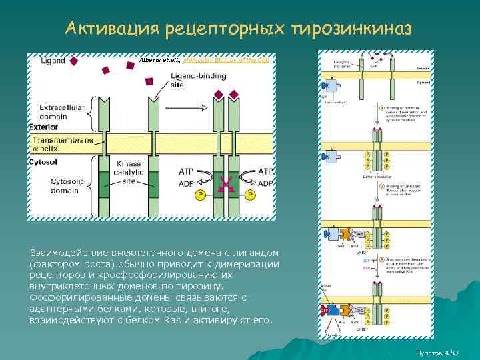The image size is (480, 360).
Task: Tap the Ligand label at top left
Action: click(x=53, y=61)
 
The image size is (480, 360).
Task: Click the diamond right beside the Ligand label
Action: click(x=75, y=61)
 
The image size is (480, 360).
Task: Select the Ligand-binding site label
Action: click(x=189, y=81)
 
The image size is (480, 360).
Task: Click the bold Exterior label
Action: click(x=43, y=127)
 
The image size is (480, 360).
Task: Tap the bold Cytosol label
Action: click(x=43, y=162)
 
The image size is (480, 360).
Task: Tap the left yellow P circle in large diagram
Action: click(x=199, y=195)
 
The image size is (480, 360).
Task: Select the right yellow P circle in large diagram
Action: click(x=251, y=195)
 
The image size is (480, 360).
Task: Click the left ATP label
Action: click(x=187, y=171)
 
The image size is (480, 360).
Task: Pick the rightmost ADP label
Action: click(x=265, y=183)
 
